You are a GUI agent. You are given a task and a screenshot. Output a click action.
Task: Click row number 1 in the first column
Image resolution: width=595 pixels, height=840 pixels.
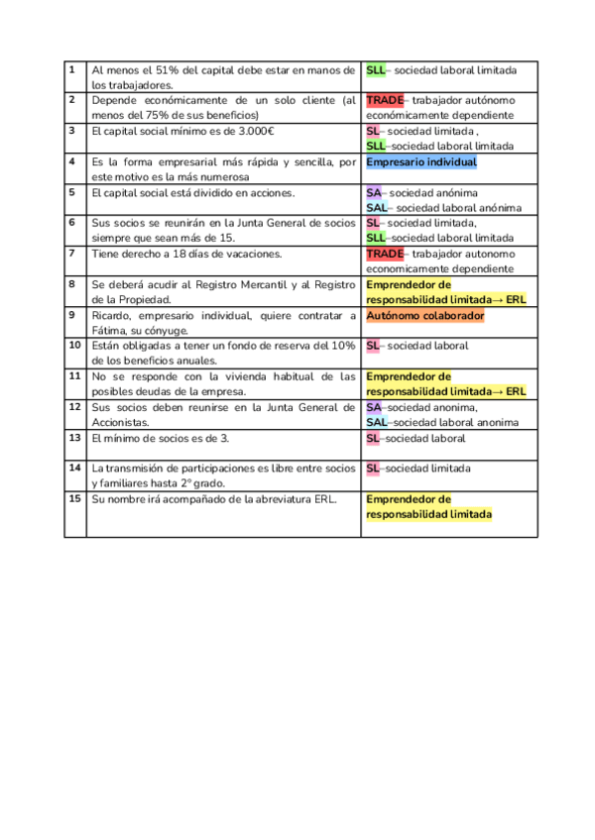[72, 69]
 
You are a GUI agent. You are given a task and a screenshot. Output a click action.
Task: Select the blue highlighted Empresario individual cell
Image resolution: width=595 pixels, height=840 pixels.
[421, 162]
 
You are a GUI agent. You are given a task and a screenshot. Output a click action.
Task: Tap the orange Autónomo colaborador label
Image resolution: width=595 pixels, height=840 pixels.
[424, 316]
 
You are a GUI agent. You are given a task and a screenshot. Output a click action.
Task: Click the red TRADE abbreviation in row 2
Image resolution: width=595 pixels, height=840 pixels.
[385, 100]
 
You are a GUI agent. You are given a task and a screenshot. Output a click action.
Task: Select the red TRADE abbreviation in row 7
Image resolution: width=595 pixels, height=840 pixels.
[385, 254]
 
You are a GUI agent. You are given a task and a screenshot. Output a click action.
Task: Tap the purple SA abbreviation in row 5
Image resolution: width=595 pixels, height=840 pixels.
[374, 193]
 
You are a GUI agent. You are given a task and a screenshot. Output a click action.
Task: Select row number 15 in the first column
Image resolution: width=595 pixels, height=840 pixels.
[74, 498]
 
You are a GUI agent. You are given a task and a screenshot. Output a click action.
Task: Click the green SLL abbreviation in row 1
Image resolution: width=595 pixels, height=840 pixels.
[376, 70]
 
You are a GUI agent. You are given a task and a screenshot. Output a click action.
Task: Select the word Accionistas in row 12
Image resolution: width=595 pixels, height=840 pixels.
[121, 422]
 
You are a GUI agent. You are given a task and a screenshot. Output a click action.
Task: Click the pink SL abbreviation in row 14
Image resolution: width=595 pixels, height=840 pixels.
[373, 469]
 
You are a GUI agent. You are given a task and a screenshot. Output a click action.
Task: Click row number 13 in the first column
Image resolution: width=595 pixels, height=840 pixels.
[74, 437]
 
